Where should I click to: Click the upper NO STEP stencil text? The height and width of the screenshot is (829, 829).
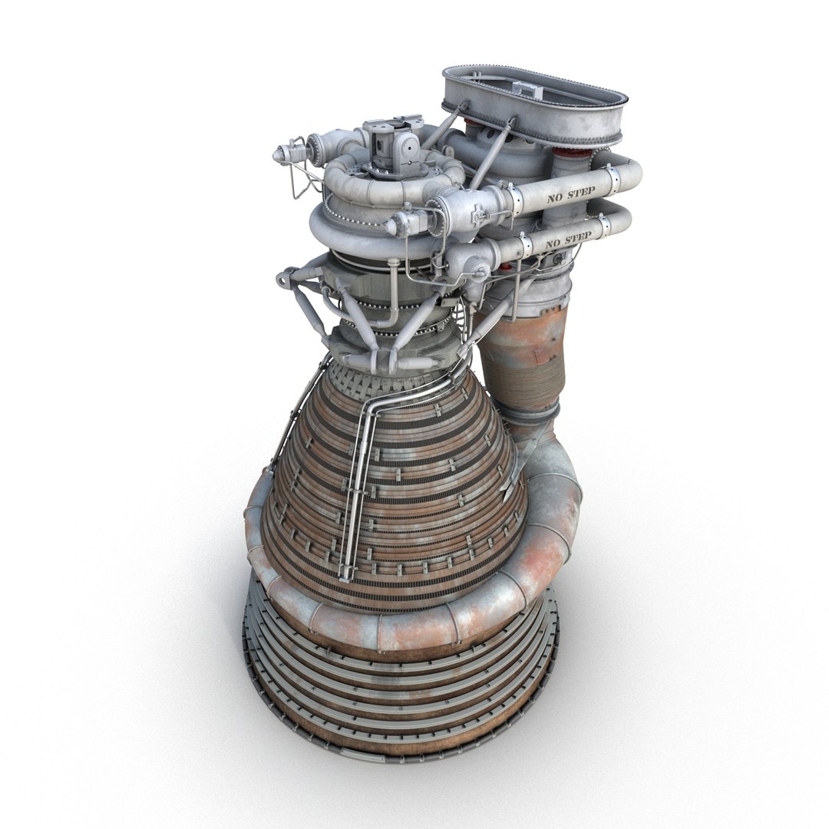tap(569, 196)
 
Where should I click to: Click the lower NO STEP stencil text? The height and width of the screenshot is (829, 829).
tap(568, 240)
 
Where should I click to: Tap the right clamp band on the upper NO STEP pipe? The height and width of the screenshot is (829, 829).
tap(613, 179)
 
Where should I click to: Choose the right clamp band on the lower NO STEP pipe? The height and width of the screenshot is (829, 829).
tap(604, 225)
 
